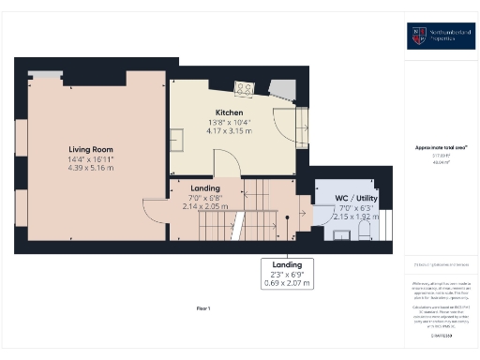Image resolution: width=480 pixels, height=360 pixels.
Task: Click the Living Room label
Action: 91,149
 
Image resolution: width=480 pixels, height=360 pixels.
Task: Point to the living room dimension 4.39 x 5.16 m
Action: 91,166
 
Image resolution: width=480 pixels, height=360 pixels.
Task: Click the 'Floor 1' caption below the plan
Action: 203,308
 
